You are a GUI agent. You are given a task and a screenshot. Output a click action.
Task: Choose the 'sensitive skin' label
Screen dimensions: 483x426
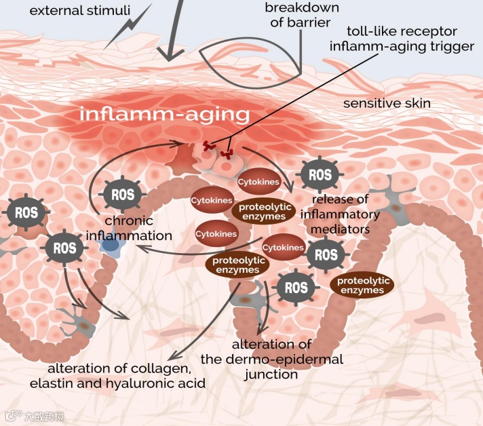coord(387,104)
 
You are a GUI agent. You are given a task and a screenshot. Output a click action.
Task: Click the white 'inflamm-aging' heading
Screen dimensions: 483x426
coord(164,114)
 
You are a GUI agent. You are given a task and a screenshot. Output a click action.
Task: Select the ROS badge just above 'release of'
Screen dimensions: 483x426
coord(320,176)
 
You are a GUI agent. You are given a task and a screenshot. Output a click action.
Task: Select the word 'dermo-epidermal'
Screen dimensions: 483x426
coord(301,359)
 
